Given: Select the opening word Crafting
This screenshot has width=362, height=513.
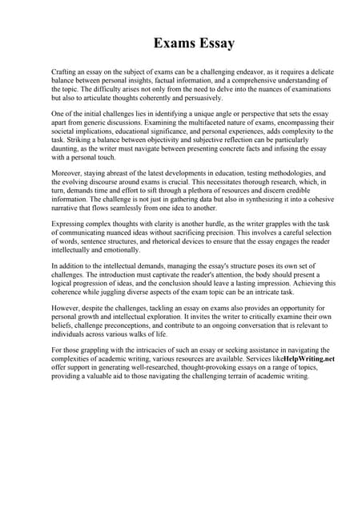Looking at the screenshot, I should click(66, 72).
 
